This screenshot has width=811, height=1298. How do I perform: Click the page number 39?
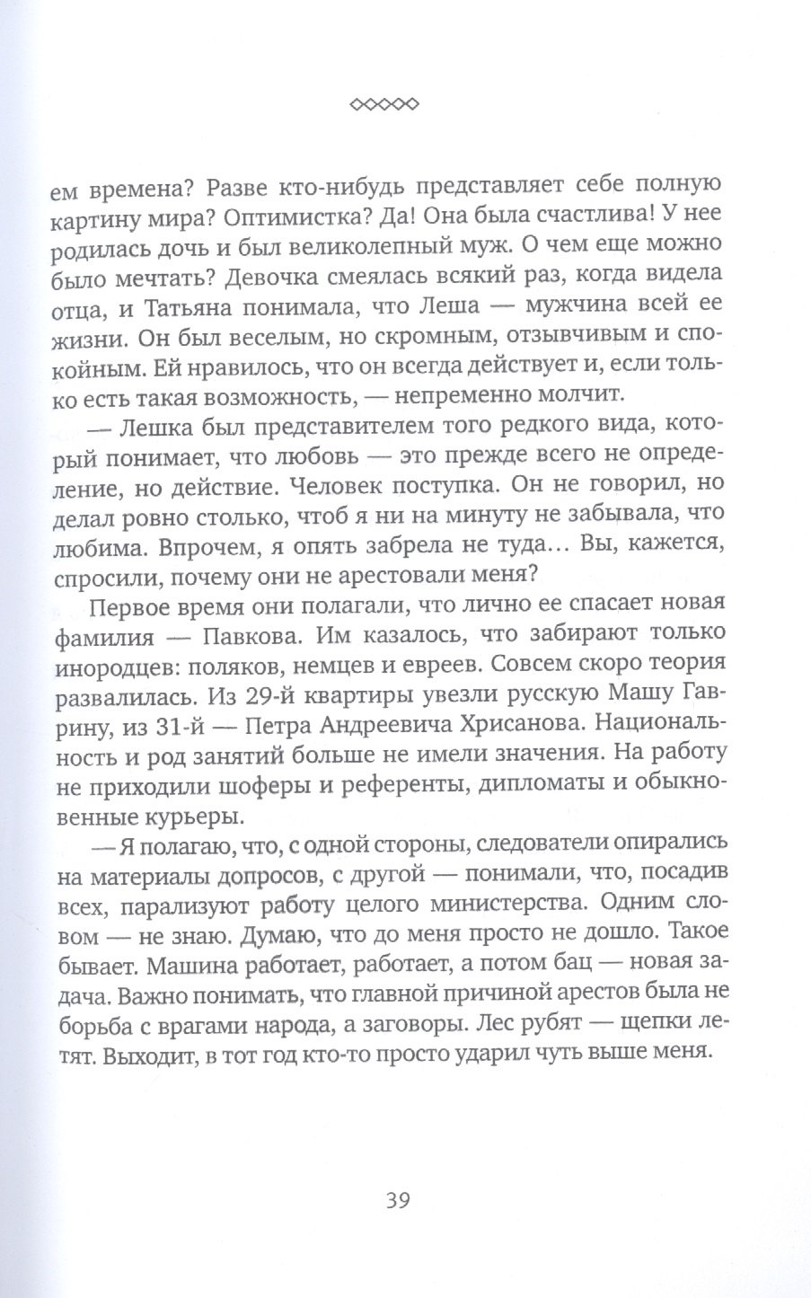click(x=396, y=1200)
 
